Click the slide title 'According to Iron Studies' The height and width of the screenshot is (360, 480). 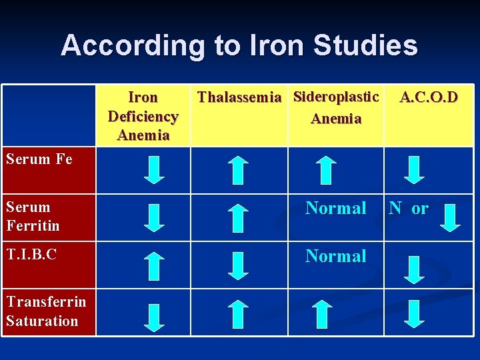(x=239, y=45)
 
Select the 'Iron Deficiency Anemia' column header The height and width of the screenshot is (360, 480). (x=143, y=117)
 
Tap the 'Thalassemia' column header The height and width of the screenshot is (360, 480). (x=239, y=98)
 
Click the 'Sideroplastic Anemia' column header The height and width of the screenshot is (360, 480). (x=336, y=108)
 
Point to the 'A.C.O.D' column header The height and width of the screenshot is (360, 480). (x=429, y=97)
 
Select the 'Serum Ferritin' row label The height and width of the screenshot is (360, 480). (x=33, y=217)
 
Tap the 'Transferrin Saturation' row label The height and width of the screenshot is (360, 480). (x=46, y=311)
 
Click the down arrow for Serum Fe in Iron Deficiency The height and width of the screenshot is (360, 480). (x=155, y=169)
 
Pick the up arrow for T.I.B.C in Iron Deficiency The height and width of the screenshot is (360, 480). (x=155, y=265)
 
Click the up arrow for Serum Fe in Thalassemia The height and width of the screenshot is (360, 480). (x=238, y=169)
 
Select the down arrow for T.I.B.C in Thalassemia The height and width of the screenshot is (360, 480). (x=238, y=265)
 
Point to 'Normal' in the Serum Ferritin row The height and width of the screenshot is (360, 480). (x=336, y=209)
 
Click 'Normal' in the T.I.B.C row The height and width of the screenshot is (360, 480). (x=336, y=256)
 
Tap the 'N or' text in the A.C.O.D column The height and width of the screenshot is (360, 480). (x=409, y=209)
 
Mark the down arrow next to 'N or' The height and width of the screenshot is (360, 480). (x=450, y=217)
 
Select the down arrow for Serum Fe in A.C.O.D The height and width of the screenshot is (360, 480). (x=415, y=169)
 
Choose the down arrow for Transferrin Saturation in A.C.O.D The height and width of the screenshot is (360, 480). (x=415, y=313)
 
